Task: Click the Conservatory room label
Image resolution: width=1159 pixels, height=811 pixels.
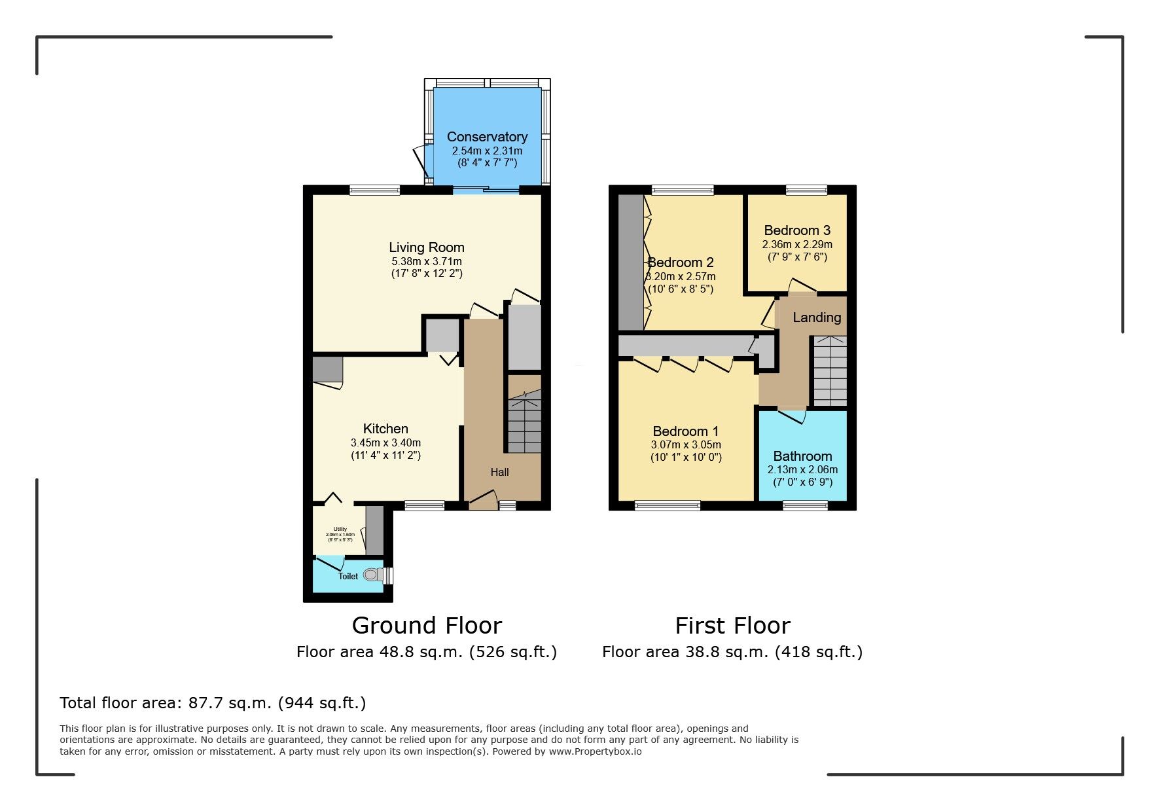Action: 487,137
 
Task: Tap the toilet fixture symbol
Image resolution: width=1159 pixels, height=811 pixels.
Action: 373,575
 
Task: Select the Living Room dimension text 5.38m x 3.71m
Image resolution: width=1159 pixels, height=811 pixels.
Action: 426,261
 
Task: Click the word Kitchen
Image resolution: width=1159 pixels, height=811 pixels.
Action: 385,429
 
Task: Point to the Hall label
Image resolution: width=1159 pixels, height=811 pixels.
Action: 499,472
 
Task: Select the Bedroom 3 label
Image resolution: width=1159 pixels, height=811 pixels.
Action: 796,230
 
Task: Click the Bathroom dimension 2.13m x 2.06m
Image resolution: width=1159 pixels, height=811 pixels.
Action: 802,469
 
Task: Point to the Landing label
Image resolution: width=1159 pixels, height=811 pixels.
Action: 816,317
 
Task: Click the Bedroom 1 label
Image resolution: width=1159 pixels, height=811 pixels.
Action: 685,431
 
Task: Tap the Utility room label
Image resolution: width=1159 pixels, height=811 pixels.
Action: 340,529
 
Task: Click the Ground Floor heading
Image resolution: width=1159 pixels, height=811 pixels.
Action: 427,625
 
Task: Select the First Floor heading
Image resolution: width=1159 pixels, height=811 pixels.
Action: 732,625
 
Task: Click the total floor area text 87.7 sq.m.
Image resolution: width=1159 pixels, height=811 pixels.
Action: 212,703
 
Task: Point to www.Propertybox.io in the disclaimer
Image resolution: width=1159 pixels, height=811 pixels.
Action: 595,751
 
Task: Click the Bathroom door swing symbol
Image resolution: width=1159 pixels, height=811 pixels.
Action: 793,416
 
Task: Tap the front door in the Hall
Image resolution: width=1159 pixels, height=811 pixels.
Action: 483,500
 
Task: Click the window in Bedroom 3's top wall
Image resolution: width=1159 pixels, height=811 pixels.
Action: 806,190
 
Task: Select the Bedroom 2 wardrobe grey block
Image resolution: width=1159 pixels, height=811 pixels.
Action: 631,262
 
